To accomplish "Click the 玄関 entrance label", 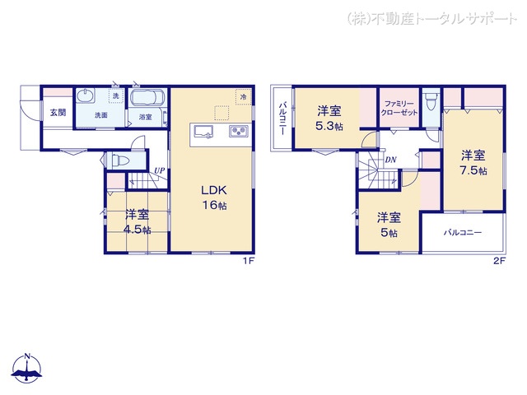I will click(x=56, y=113).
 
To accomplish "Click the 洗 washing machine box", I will click(x=115, y=97).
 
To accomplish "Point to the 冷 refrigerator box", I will click(x=243, y=97).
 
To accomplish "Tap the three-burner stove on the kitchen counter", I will click(x=237, y=132).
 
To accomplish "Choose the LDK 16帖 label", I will click(x=213, y=197).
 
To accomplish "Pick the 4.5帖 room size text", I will click(x=138, y=230).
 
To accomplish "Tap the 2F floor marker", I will click(x=498, y=261).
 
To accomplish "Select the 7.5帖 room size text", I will click(x=473, y=171).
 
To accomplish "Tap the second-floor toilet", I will click(x=431, y=106).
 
